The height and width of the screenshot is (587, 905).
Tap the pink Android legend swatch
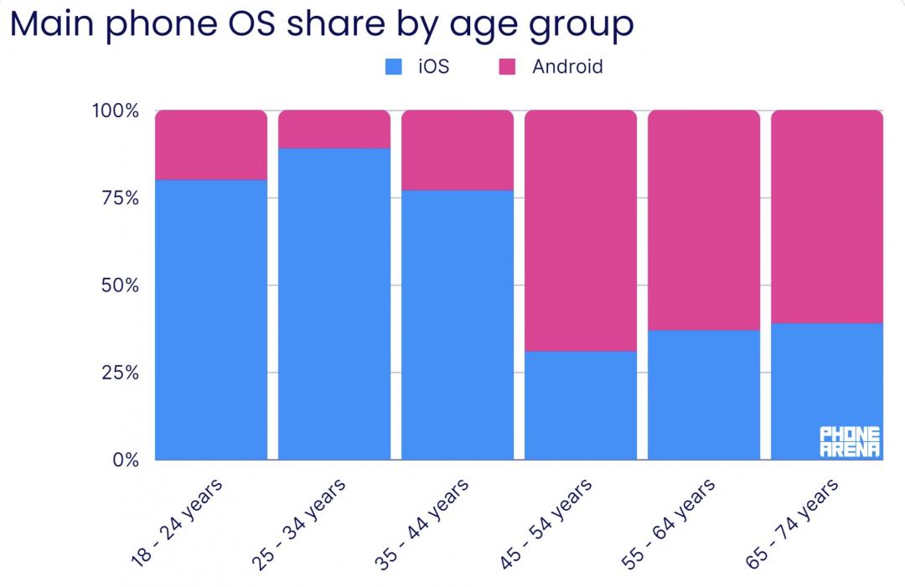(x=508, y=67)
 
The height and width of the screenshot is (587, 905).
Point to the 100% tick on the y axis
(x=116, y=111)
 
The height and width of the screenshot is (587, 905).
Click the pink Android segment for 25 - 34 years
(x=334, y=129)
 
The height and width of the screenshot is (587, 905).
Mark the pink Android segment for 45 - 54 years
(x=581, y=230)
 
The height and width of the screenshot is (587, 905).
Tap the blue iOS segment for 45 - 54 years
(x=581, y=405)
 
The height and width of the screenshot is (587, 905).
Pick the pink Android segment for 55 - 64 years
(x=704, y=220)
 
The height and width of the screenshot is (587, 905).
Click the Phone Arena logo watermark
(x=850, y=441)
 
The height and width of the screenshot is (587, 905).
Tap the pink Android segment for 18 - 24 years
(x=211, y=144)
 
